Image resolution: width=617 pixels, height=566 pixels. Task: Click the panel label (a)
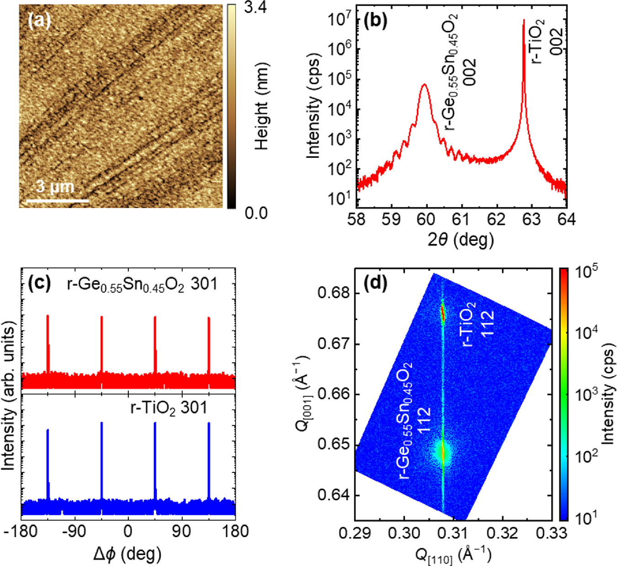coord(39,21)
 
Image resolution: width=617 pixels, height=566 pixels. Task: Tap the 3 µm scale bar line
coord(57,200)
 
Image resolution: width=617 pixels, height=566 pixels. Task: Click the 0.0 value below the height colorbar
coord(256,213)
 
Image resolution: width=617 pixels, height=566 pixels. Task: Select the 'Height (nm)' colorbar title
coord(262,106)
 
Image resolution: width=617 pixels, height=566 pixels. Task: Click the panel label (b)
coord(374,21)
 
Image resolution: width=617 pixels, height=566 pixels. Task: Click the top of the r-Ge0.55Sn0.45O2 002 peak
coord(425,85)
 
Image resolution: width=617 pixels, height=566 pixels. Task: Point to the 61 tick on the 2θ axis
coord(461,219)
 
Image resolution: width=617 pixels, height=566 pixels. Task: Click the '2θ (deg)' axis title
coord(461,239)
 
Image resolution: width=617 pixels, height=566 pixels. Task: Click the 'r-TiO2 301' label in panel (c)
coord(169,407)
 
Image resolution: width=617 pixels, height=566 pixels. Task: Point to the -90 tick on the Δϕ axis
coord(74,531)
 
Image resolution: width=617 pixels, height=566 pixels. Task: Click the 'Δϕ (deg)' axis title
coord(128,554)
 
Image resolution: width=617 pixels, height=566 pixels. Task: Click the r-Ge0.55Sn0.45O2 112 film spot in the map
coord(442,452)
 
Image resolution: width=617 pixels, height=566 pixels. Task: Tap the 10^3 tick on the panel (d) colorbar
coord(584,394)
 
